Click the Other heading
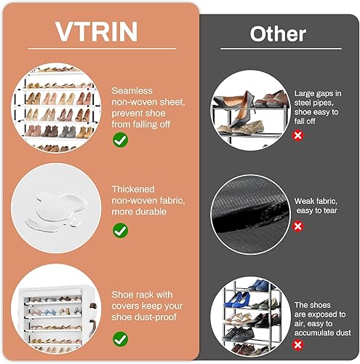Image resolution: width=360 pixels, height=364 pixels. point(278,33)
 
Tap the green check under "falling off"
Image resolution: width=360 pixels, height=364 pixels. point(121,139)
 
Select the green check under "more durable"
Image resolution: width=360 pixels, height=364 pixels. point(121,230)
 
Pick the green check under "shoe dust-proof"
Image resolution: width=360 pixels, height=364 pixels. point(121,338)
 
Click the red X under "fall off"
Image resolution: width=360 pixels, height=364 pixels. point(298,135)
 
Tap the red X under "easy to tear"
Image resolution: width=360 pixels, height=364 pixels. point(298,226)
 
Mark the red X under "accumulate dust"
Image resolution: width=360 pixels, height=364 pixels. point(298,344)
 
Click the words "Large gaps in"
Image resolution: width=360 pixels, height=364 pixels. point(319,93)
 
